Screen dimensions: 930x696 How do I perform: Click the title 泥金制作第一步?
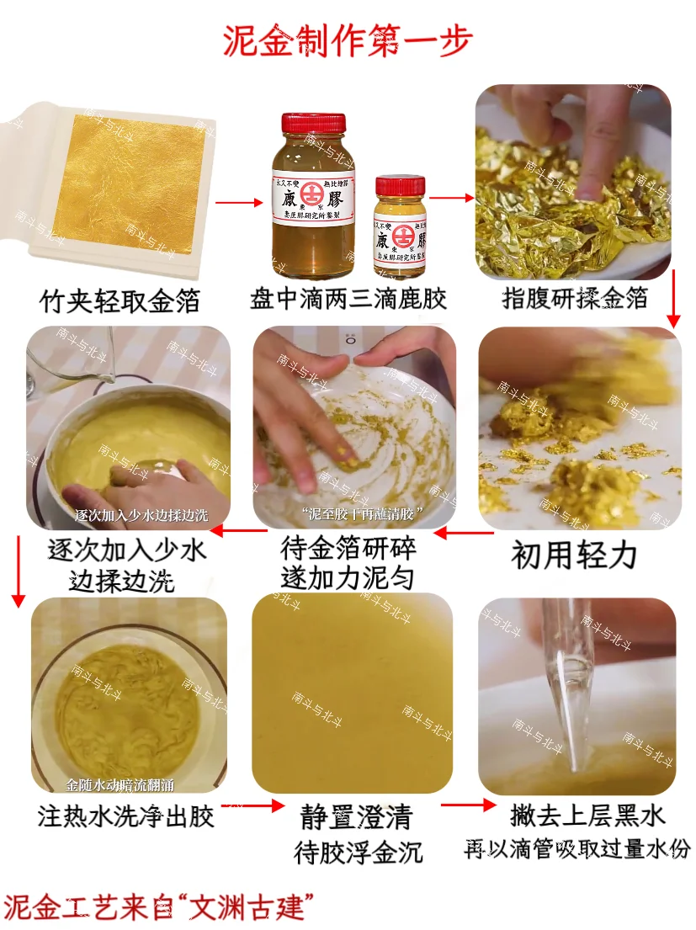[348, 40]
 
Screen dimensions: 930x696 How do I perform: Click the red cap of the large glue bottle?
[300, 122]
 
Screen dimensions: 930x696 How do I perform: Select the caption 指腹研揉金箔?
[575, 298]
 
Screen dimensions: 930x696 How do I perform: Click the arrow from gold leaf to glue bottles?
[239, 203]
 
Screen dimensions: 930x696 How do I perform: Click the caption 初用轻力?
[574, 555]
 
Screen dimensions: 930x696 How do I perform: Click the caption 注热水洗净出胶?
[126, 816]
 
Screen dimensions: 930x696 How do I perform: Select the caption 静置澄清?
[357, 817]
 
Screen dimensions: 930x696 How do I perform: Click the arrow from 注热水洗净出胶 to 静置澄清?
[257, 805]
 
